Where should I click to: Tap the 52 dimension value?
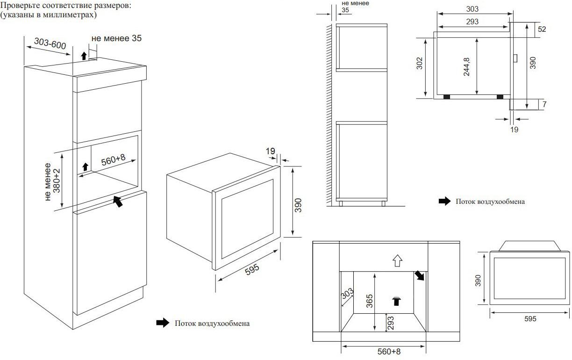click(542, 29)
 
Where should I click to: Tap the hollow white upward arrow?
click(397, 260)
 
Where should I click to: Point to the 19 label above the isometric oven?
click(270, 151)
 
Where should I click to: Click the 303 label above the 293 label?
click(472, 9)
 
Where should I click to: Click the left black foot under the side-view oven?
click(447, 97)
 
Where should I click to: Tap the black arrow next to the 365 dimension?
click(397, 300)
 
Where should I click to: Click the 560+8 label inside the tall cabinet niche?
click(114, 160)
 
